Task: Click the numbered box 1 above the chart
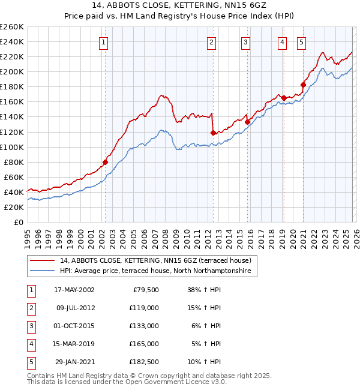tap(104, 42)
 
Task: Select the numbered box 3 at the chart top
tap(246, 42)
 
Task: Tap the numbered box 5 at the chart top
tap(301, 42)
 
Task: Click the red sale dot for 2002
tap(105, 162)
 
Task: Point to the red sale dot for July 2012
tap(213, 133)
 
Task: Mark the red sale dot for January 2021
tap(303, 85)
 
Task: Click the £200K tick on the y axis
tap(12, 71)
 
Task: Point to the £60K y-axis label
tap(14, 177)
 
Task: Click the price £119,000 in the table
tap(145, 307)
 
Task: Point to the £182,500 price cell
tap(145, 362)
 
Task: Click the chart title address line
tap(179, 6)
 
